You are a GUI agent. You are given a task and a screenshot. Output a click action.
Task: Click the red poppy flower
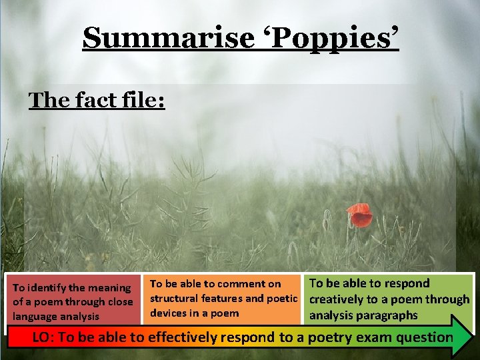coord(360,215)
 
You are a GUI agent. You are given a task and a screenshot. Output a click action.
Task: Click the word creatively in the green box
coord(337,299)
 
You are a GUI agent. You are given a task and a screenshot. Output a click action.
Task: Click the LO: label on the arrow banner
coord(44,337)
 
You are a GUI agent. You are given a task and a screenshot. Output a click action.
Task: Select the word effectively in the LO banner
coord(181,337)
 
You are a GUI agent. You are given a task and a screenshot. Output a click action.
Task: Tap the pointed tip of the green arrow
coord(472,335)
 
